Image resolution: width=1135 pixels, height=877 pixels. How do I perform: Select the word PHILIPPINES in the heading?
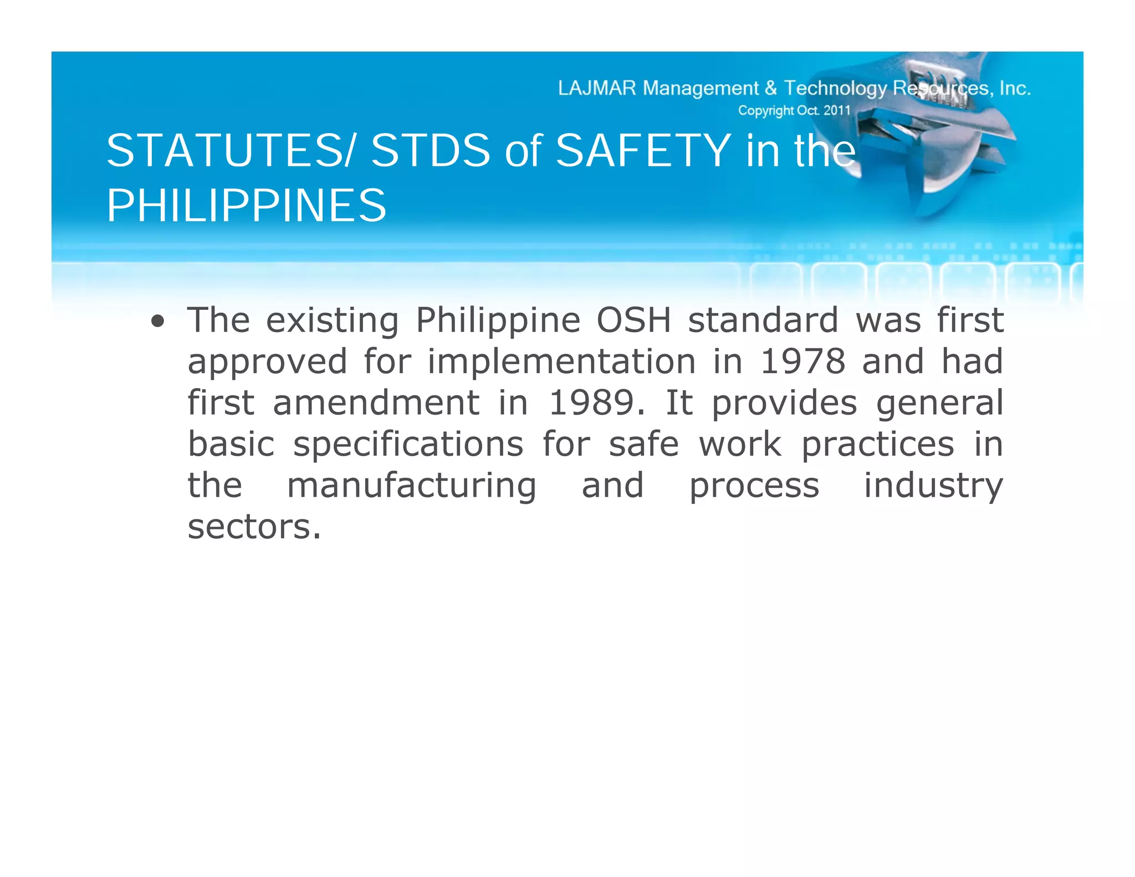click(247, 206)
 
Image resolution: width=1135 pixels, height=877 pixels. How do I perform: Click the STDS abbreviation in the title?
click(431, 151)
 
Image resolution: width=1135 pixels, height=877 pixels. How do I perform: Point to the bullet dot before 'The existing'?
click(158, 322)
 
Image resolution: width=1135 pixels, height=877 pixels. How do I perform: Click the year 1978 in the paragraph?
click(802, 361)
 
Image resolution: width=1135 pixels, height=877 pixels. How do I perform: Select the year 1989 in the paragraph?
click(591, 402)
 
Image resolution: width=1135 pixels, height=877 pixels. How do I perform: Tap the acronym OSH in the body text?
click(634, 320)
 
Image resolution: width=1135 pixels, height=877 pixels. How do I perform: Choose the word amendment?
click(376, 402)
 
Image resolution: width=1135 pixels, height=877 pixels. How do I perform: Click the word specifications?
click(408, 445)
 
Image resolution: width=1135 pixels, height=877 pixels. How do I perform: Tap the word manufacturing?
click(412, 486)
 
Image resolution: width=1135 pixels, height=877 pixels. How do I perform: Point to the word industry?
click(933, 486)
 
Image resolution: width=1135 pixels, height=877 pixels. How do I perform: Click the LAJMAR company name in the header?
click(597, 88)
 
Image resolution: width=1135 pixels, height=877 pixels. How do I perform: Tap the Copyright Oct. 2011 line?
click(794, 110)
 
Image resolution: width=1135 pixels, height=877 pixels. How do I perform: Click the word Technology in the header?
click(835, 88)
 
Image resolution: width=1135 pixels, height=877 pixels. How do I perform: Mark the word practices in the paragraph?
click(878, 445)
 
